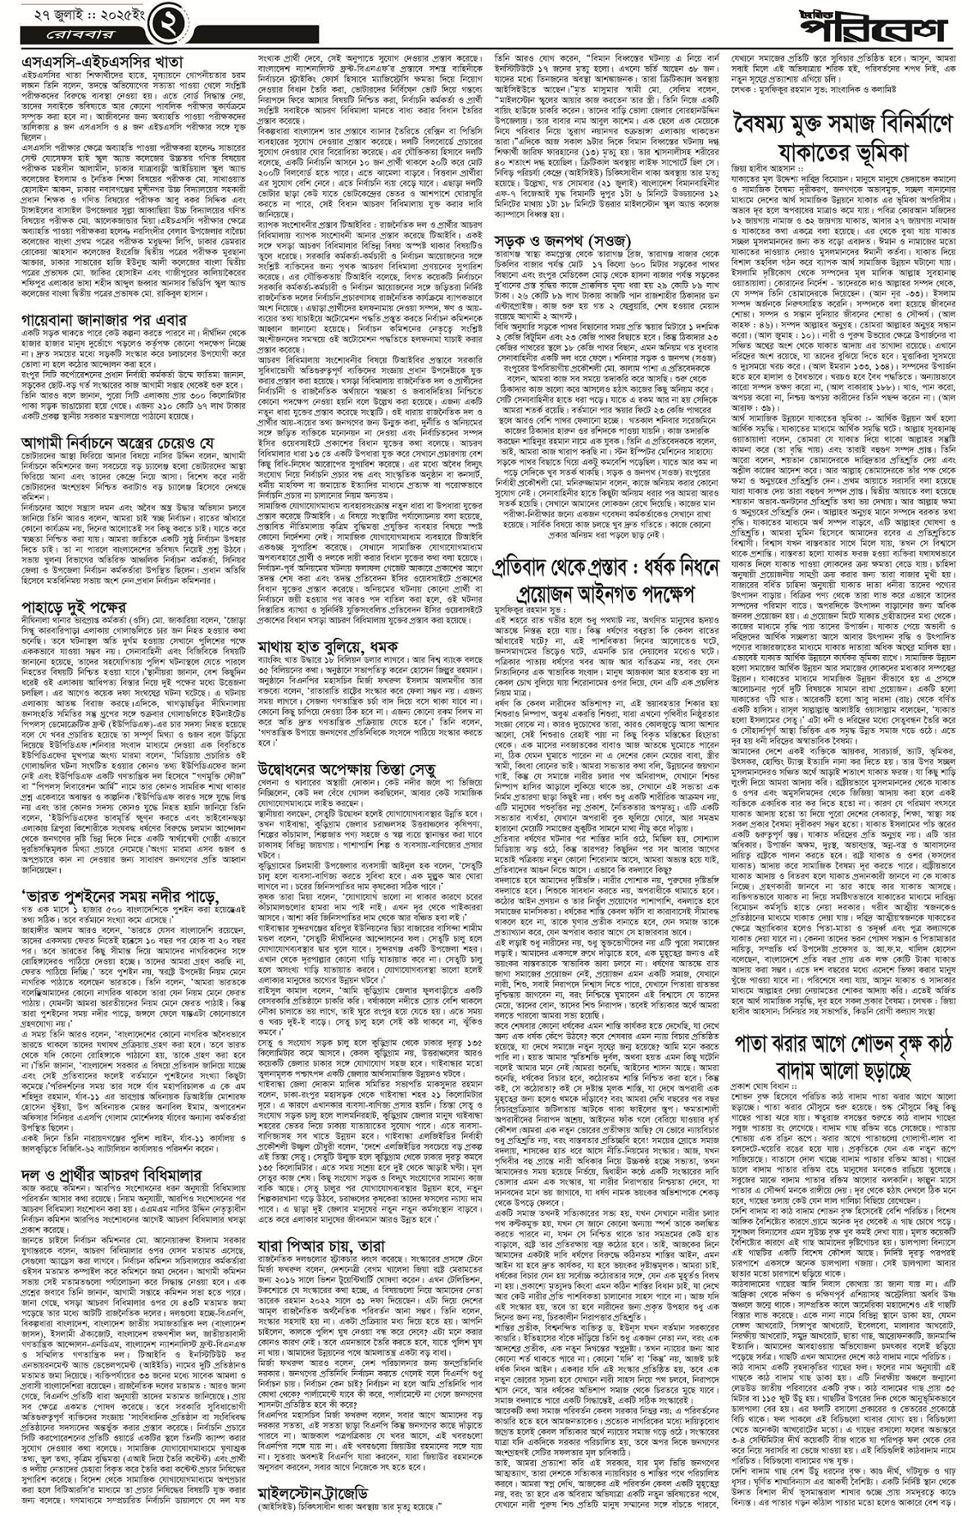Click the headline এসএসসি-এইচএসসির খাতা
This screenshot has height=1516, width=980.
point(102,62)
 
